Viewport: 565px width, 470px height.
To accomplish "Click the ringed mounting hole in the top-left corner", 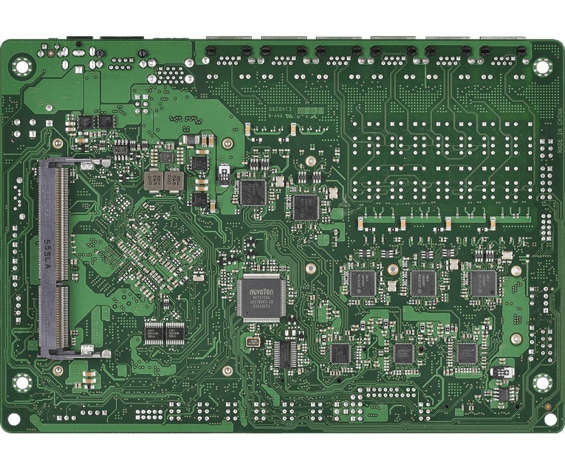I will [x=22, y=67].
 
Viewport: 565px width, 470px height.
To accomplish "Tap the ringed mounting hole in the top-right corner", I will [x=542, y=68].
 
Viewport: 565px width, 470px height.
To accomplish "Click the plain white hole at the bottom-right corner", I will [x=550, y=419].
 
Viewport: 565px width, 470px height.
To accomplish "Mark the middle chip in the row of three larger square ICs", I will [x=423, y=283].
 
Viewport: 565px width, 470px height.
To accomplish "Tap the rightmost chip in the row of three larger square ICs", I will [x=483, y=283].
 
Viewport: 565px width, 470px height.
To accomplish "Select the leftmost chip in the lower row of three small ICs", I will [x=340, y=353].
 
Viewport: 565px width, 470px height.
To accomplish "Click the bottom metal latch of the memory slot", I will [x=88, y=351].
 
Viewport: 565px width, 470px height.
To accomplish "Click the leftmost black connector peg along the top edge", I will [x=210, y=51].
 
